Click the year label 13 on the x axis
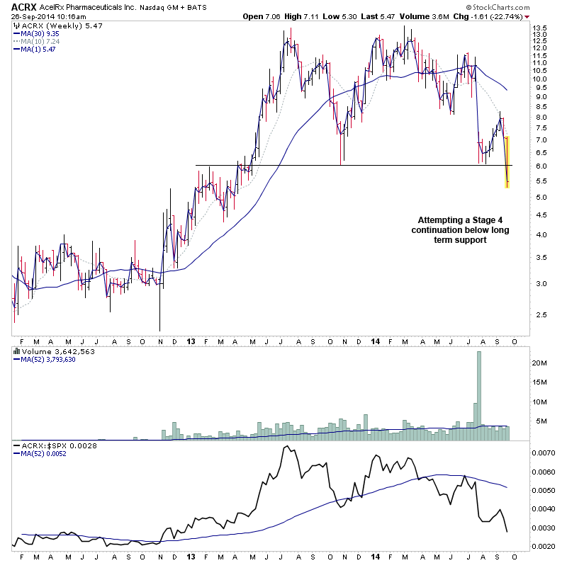pyautogui.click(x=191, y=341)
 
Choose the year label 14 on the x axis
pyautogui.click(x=374, y=341)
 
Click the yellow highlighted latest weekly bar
pyautogui.click(x=507, y=162)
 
